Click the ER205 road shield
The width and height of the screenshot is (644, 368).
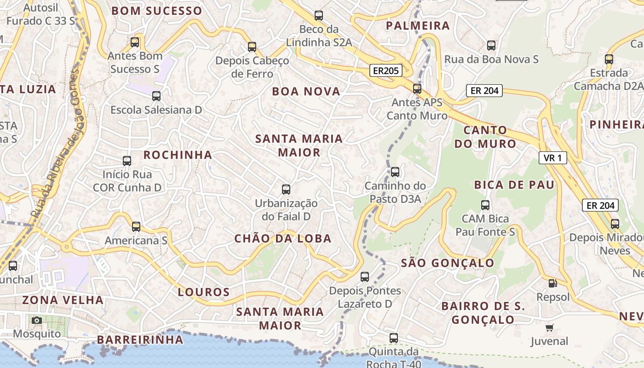[385, 70]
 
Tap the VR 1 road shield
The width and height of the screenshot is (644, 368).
[552, 158]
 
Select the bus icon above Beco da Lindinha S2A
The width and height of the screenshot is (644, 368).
[319, 16]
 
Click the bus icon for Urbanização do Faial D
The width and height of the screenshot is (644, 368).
[286, 189]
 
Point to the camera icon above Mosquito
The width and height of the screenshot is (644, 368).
[37, 320]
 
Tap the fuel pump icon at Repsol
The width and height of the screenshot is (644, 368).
[552, 283]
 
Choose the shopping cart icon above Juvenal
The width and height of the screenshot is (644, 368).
[549, 328]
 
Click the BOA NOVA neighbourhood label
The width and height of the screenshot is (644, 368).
[306, 92]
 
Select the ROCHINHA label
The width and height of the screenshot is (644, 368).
[178, 155]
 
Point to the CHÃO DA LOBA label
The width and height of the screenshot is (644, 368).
[282, 238]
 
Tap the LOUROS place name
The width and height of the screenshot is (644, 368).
[204, 292]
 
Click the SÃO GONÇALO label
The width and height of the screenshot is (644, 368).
[448, 263]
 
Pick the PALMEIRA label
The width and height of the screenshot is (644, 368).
[418, 26]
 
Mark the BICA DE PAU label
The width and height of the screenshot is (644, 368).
[514, 185]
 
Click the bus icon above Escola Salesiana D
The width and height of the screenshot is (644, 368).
[156, 96]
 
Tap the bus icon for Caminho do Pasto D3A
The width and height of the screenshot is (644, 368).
[395, 172]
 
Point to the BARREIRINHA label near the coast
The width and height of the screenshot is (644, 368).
[140, 340]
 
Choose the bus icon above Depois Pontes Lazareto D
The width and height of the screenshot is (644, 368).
[365, 276]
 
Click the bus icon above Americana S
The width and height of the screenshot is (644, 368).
[136, 226]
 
